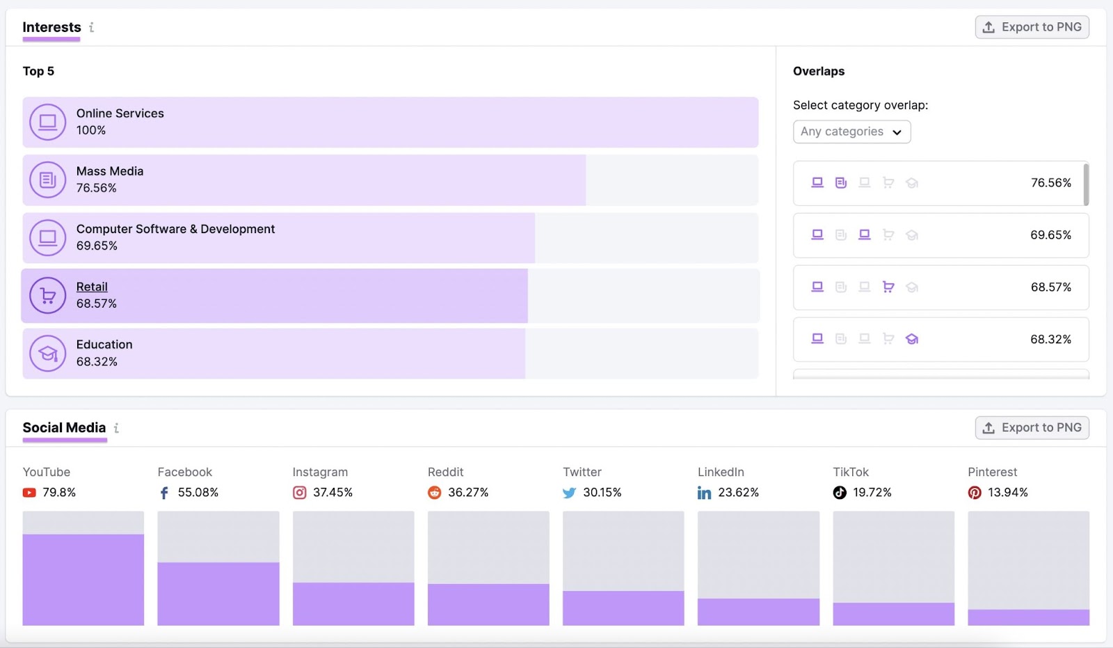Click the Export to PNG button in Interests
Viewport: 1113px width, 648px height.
pyautogui.click(x=1032, y=27)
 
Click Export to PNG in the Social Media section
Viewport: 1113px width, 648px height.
pyautogui.click(x=1032, y=427)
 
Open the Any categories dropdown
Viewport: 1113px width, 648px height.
pyautogui.click(x=851, y=132)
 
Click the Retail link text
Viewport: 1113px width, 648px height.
pyautogui.click(x=92, y=287)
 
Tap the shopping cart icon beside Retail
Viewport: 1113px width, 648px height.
pyautogui.click(x=47, y=296)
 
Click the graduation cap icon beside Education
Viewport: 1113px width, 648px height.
pyautogui.click(x=47, y=354)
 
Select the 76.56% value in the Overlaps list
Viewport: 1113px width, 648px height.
pyautogui.click(x=1050, y=183)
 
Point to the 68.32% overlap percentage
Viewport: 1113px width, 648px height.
pyautogui.click(x=1050, y=340)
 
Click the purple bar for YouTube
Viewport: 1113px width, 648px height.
pyautogui.click(x=83, y=579)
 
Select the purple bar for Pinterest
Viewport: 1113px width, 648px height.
pyautogui.click(x=1028, y=617)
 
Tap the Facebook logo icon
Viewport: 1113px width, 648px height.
pyautogui.click(x=164, y=493)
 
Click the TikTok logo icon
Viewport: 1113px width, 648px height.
pyautogui.click(x=840, y=493)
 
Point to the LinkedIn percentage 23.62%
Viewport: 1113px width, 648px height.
pyautogui.click(x=738, y=493)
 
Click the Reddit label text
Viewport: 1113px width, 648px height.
pyautogui.click(x=445, y=472)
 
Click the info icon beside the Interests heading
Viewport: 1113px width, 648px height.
pyautogui.click(x=91, y=27)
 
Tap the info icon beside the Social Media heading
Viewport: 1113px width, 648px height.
pyautogui.click(x=116, y=428)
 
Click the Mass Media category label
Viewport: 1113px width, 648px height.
pyautogui.click(x=110, y=171)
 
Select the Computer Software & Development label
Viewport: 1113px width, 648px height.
pyautogui.click(x=175, y=229)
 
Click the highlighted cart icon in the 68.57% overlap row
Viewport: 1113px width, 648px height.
pyautogui.click(x=888, y=287)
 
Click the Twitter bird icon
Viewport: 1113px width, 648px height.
pyautogui.click(x=569, y=493)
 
